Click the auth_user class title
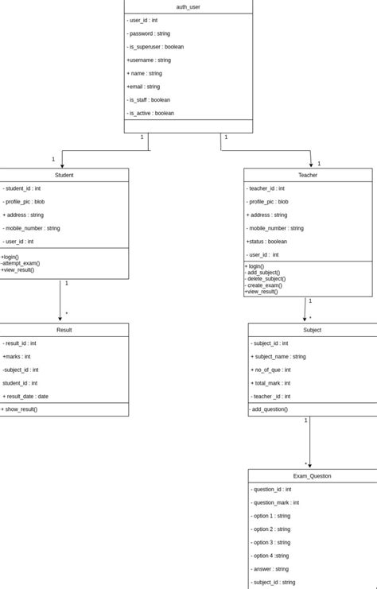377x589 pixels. (x=188, y=7)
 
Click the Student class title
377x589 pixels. (x=64, y=175)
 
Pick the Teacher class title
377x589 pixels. (x=308, y=175)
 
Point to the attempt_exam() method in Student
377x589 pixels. (x=21, y=263)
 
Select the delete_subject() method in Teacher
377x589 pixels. (x=266, y=279)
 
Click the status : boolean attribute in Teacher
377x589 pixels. (x=267, y=242)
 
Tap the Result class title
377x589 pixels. (x=64, y=330)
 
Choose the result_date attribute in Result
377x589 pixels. (x=26, y=396)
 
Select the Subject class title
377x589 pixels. (x=312, y=330)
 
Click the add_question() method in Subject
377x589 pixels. (x=270, y=409)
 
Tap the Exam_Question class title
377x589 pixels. (x=312, y=476)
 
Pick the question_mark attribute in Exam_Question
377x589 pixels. (x=275, y=502)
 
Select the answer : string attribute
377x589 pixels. (x=270, y=569)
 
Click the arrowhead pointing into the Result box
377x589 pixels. (x=60, y=320)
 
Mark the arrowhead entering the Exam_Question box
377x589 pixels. (x=309, y=466)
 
